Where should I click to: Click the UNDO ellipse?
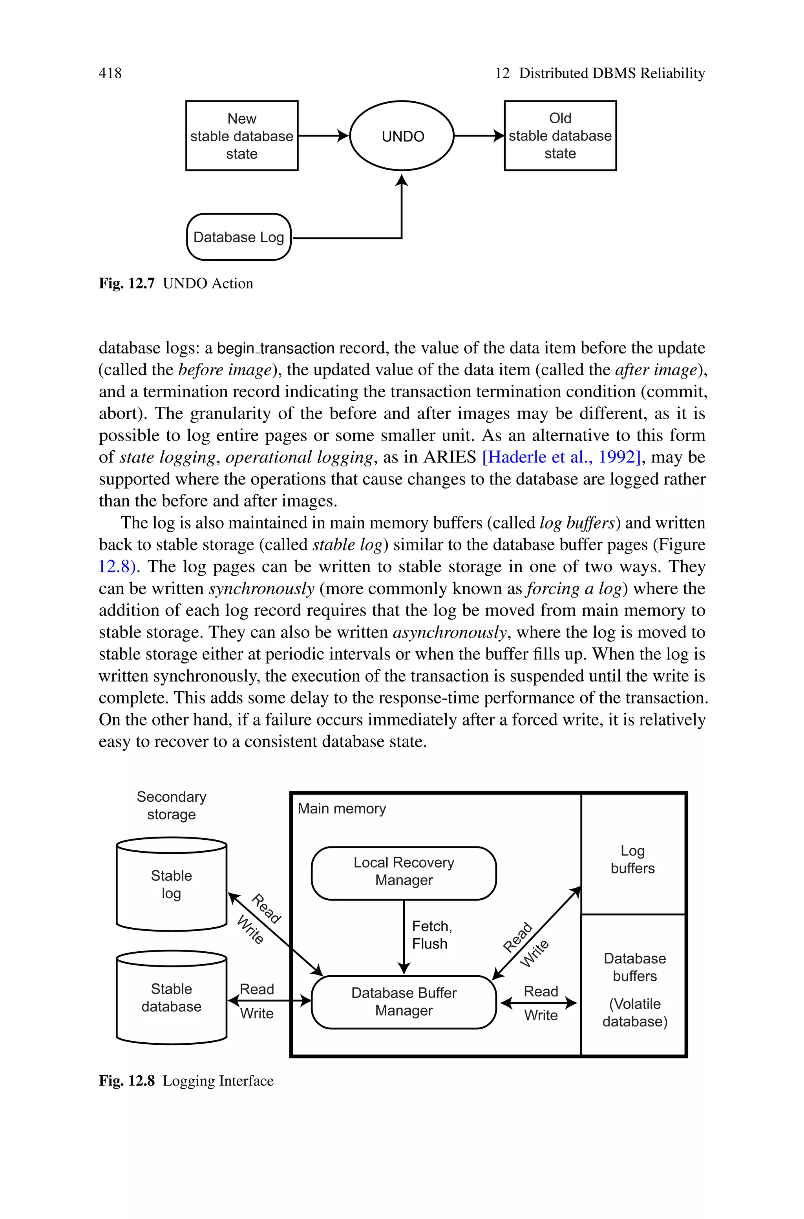(x=402, y=136)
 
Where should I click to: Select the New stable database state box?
(x=241, y=136)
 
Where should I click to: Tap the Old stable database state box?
(x=560, y=136)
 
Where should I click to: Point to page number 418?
(x=110, y=73)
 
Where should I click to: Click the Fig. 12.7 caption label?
(x=127, y=283)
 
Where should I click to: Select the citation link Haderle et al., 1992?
(x=561, y=457)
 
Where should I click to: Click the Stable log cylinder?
(x=171, y=884)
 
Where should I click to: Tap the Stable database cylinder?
(x=171, y=998)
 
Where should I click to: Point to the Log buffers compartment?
(x=633, y=860)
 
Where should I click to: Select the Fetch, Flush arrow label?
(x=431, y=935)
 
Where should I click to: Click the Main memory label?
(x=342, y=808)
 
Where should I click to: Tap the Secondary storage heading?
(x=171, y=805)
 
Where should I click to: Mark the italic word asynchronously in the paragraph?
(x=450, y=632)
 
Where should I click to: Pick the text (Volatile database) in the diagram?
(x=635, y=1012)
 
